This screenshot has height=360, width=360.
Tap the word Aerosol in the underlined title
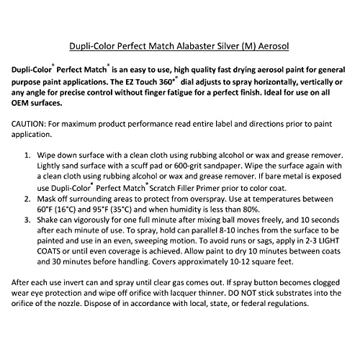pyautogui.click(x=274, y=45)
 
